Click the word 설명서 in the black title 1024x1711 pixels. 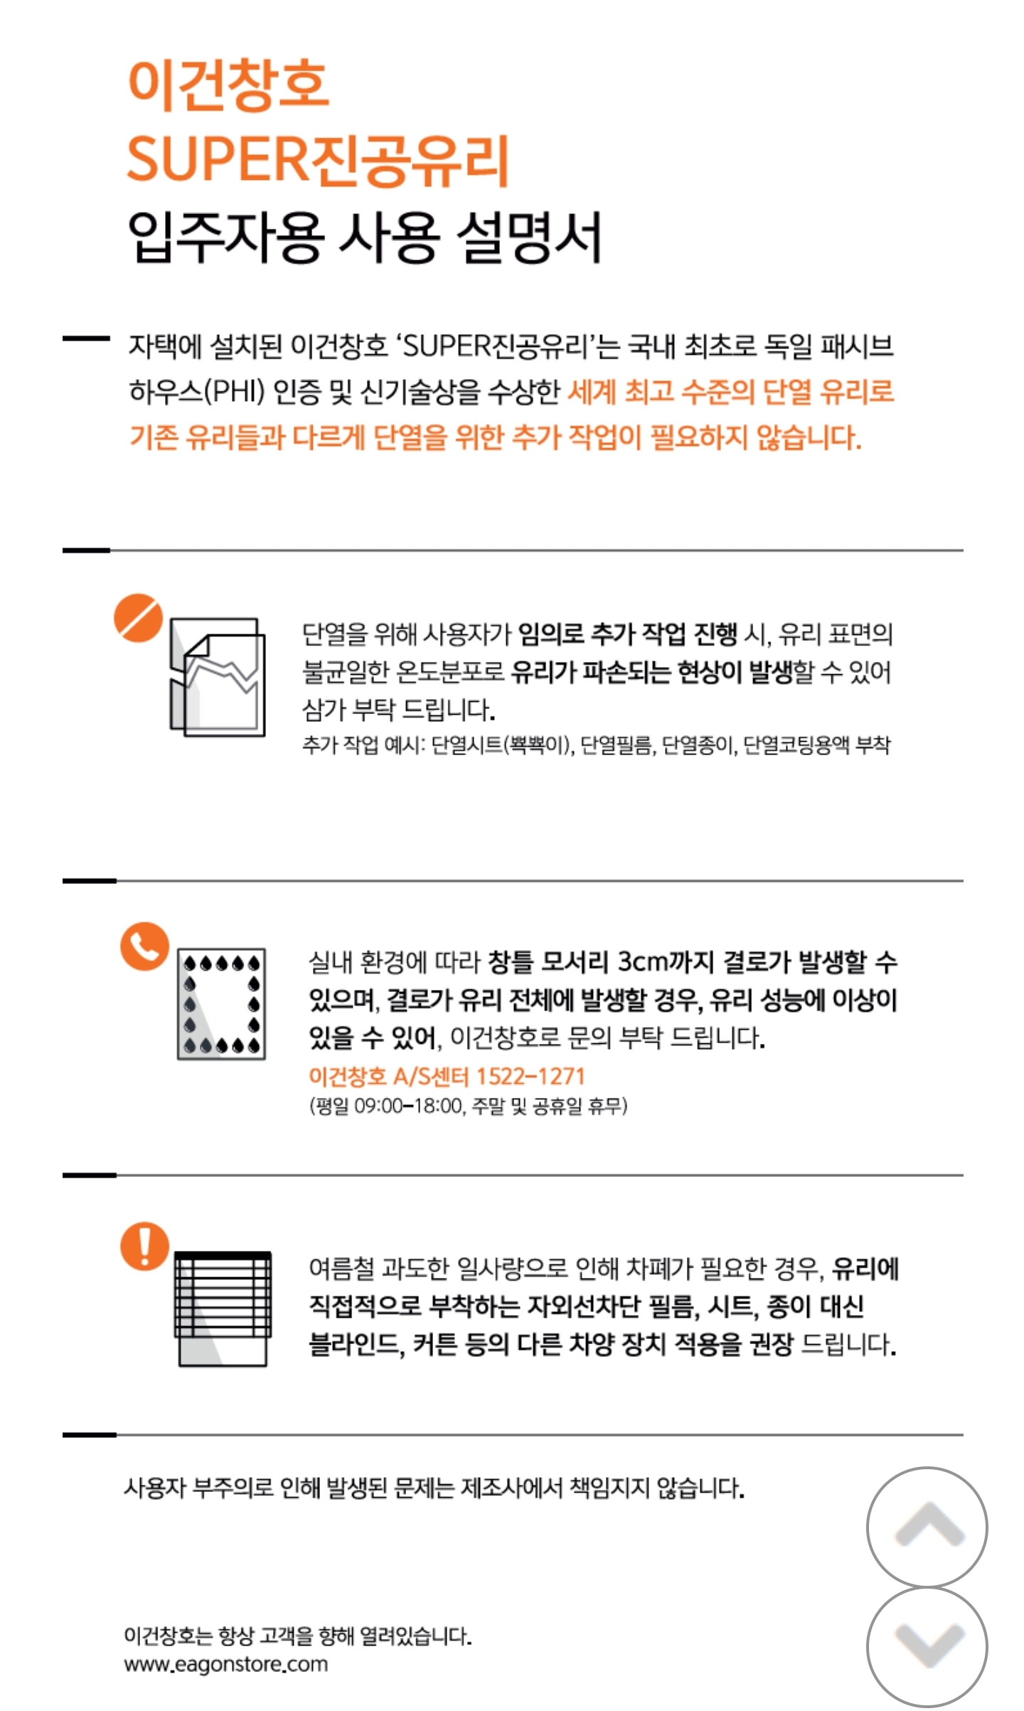(530, 237)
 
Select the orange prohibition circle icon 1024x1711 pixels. (138, 618)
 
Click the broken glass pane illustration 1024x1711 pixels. (217, 677)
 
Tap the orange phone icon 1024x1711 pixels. (144, 947)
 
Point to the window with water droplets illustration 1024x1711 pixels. (221, 1003)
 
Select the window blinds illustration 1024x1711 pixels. (223, 1308)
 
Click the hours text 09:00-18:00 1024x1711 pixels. (407, 1107)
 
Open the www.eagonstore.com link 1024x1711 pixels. (226, 1665)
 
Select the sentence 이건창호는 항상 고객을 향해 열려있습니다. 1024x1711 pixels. (298, 1636)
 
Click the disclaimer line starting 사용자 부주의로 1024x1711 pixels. (434, 1488)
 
